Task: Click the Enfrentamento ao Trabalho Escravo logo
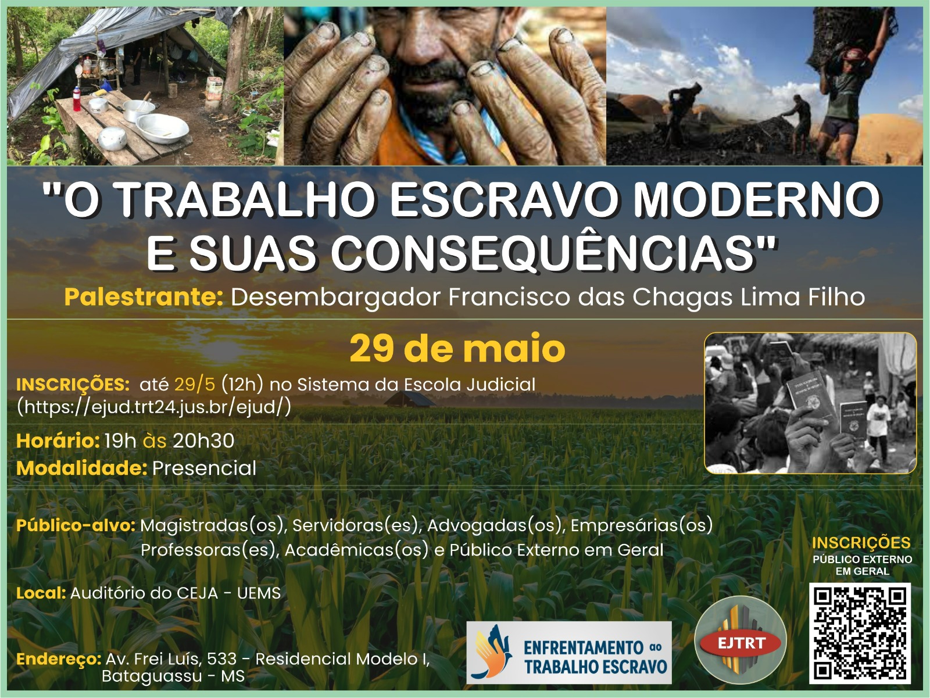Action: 569,653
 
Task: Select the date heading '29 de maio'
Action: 457,348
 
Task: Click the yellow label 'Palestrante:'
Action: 144,297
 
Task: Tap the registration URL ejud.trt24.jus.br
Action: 154,407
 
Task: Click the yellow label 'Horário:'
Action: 58,441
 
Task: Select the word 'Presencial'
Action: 204,468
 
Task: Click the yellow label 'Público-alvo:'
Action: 76,525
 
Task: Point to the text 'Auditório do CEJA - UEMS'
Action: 176,593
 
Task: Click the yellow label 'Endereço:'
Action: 59,660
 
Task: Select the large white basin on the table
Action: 162,128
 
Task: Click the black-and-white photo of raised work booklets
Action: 810,403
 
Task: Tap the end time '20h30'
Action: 203,441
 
